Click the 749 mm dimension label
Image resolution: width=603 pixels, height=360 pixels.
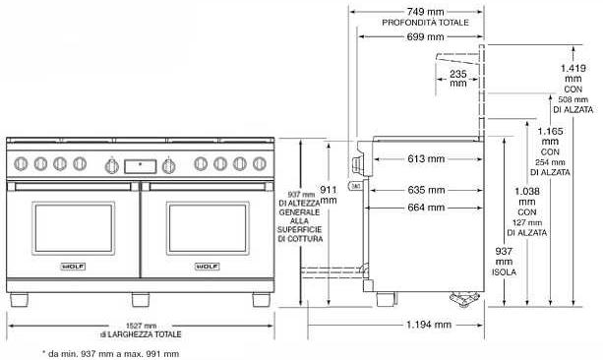[414, 9]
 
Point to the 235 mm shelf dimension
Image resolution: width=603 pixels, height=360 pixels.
[458, 78]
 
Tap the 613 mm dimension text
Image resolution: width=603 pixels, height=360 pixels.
[424, 158]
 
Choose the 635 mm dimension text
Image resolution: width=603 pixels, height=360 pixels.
[424, 190]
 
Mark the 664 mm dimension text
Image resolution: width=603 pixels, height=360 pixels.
[424, 207]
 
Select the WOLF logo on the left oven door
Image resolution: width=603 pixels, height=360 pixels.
[72, 265]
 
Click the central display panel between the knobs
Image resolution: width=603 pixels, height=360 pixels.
[140, 164]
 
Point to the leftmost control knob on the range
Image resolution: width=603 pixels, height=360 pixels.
[25, 163]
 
